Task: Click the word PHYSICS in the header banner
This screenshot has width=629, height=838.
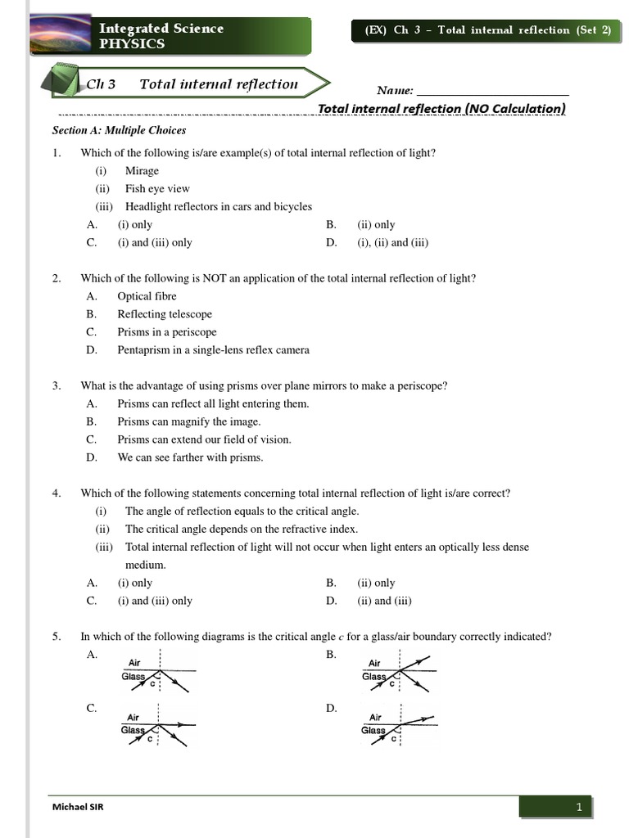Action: [x=132, y=44]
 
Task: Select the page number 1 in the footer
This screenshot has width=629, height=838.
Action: [x=578, y=808]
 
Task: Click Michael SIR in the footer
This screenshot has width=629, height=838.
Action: [x=78, y=807]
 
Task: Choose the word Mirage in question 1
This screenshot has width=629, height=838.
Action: [x=142, y=171]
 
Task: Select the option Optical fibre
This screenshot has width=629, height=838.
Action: [x=147, y=296]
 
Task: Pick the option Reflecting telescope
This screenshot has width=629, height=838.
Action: [x=164, y=314]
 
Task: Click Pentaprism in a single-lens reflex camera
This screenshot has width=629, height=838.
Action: [x=213, y=350]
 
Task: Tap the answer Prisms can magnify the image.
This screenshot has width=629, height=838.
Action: [x=188, y=421]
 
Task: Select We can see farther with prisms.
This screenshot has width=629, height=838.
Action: [x=190, y=457]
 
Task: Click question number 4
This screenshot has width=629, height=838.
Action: [x=57, y=493]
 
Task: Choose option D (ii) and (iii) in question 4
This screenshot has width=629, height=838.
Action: [x=383, y=601]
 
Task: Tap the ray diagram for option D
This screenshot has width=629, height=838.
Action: [x=398, y=723]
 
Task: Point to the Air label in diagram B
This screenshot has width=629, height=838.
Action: [x=374, y=664]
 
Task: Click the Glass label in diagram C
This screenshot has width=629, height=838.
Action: [x=133, y=730]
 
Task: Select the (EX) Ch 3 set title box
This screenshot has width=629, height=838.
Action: [x=487, y=30]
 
